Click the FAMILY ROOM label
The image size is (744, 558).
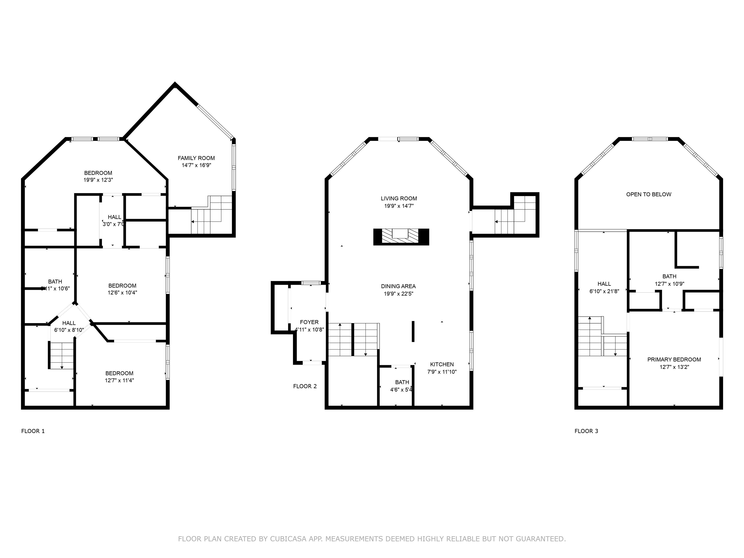point(196,158)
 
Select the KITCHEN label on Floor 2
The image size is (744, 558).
point(442,364)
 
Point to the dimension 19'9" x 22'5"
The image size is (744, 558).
point(399,294)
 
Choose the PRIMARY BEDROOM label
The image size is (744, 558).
point(674,360)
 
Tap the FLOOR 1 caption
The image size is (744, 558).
point(33,431)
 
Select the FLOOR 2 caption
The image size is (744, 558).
point(305,386)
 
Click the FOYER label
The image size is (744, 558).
point(309,322)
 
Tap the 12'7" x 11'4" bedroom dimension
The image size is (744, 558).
point(119,380)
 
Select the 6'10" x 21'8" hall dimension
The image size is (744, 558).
point(604,291)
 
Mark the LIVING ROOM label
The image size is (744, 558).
point(399,198)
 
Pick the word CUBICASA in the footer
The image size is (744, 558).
point(288,539)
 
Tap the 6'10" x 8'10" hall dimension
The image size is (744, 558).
point(69,330)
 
